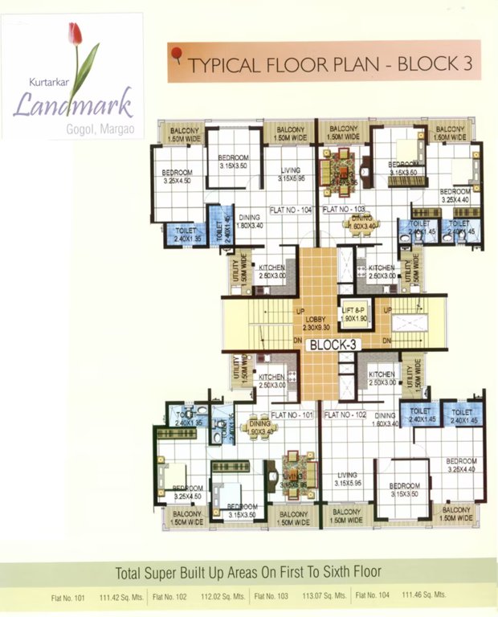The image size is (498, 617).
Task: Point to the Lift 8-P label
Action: pos(353,314)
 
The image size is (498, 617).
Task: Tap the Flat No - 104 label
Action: pos(294,210)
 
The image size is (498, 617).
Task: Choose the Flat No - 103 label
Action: pos(344,210)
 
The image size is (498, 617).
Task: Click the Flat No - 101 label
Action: pos(292,415)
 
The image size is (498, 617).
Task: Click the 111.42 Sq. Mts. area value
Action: pos(120,596)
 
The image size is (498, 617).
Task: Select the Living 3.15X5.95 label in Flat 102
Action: pos(351,479)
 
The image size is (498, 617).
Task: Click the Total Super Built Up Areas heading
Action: pos(248,574)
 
